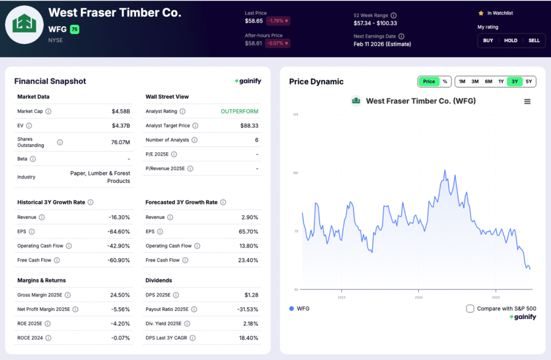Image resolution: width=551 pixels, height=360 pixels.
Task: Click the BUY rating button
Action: point(488,40)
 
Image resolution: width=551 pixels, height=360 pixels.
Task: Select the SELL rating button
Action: point(534,40)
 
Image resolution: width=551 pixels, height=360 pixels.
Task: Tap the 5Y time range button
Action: point(529,82)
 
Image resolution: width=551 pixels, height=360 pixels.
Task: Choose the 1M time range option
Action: point(462,82)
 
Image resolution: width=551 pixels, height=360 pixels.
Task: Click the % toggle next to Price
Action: point(445,82)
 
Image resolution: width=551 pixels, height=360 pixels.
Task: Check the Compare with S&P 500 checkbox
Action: point(470,308)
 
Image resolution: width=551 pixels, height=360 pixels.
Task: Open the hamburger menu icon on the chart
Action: point(527,101)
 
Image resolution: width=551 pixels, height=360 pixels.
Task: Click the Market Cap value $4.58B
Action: point(121,111)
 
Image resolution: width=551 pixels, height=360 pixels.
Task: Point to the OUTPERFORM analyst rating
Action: point(239,111)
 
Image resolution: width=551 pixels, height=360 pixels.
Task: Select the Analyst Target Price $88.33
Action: point(249,125)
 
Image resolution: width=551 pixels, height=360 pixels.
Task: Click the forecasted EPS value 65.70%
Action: point(248,231)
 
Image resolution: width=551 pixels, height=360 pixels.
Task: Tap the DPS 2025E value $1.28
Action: point(249,295)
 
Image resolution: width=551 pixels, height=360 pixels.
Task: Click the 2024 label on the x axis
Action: point(419,297)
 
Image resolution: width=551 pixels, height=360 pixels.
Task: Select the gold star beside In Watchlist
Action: point(481,13)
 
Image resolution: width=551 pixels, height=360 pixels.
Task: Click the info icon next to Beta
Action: point(33,159)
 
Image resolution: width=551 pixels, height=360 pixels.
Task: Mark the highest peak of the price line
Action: point(445,171)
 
